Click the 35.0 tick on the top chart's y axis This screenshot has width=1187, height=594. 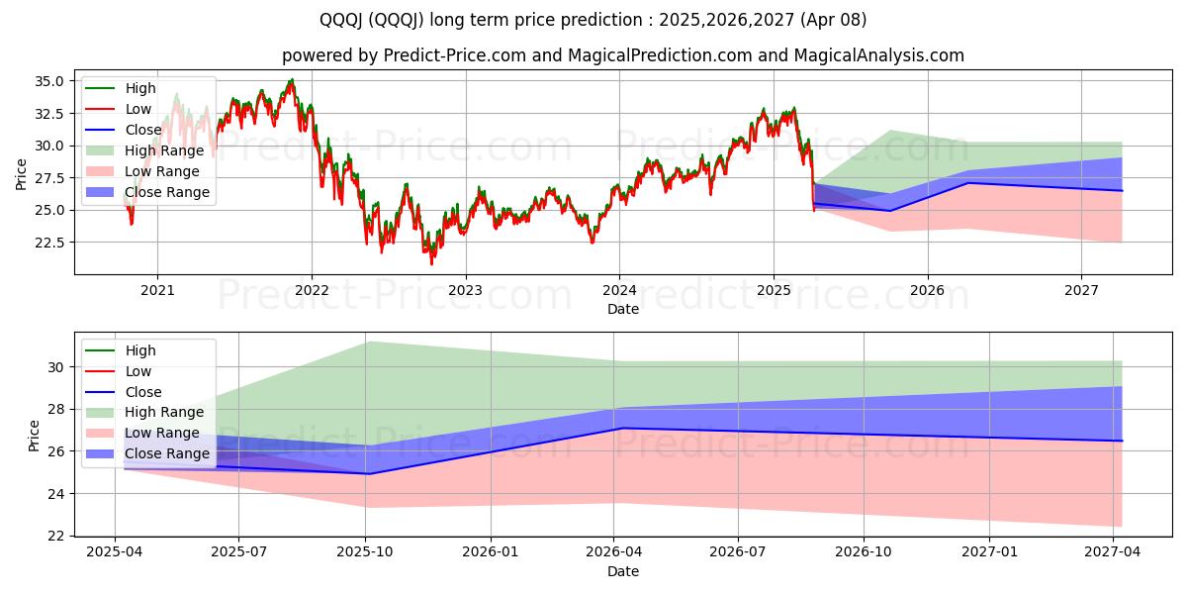pos(50,81)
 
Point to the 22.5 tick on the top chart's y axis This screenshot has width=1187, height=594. pos(50,243)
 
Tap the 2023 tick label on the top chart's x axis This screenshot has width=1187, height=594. pos(465,290)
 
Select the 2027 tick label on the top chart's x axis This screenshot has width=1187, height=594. pos(1081,290)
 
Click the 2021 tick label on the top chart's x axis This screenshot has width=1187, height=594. pos(157,290)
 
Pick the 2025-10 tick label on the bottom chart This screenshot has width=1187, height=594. pos(366,552)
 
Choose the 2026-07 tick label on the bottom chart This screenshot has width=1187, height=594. pos(739,552)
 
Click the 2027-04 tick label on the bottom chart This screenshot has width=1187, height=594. pos(1113,552)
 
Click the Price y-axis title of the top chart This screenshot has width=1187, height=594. pos(22,174)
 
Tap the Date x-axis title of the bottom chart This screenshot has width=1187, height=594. pos(622,571)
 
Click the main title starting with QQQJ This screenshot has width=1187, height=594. pos(593,20)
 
